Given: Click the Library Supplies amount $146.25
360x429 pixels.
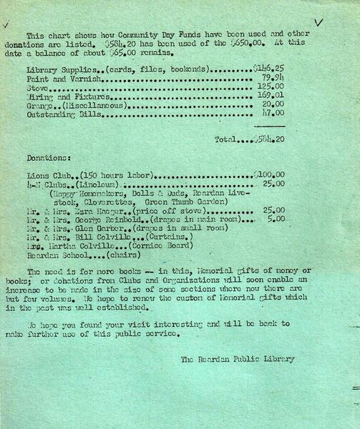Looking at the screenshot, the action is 268,69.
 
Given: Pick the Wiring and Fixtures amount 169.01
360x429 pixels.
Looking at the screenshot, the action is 272,96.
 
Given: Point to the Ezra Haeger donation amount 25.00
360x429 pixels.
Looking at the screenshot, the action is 273,210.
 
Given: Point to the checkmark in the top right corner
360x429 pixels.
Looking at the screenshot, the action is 319,22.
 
